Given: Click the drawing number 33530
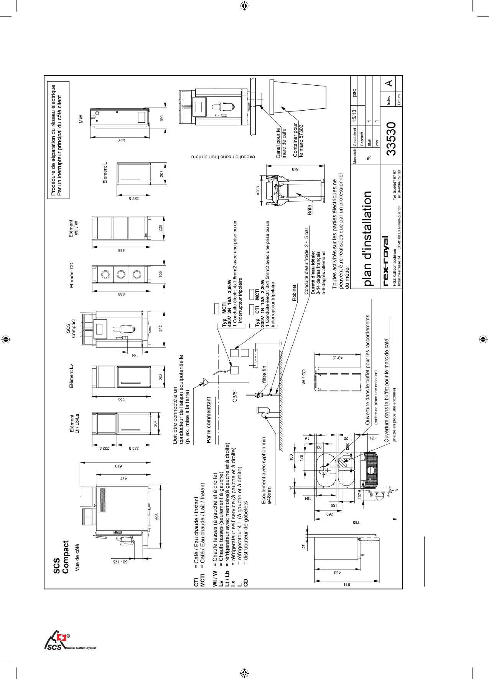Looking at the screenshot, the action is (391, 139).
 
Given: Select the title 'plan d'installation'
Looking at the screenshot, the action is (367, 238).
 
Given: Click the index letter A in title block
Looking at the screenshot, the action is (389, 83).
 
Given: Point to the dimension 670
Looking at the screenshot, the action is (119, 465).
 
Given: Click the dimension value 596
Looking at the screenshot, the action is (156, 517).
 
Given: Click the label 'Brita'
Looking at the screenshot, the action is (310, 209).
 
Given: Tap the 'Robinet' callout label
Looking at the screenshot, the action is (294, 293).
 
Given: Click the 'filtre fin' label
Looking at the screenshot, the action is (264, 374).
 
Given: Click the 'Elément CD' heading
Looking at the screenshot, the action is (71, 275).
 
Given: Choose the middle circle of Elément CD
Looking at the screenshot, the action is (121, 274).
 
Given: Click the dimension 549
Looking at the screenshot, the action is (295, 169).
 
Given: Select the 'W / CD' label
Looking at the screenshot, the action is (303, 377).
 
